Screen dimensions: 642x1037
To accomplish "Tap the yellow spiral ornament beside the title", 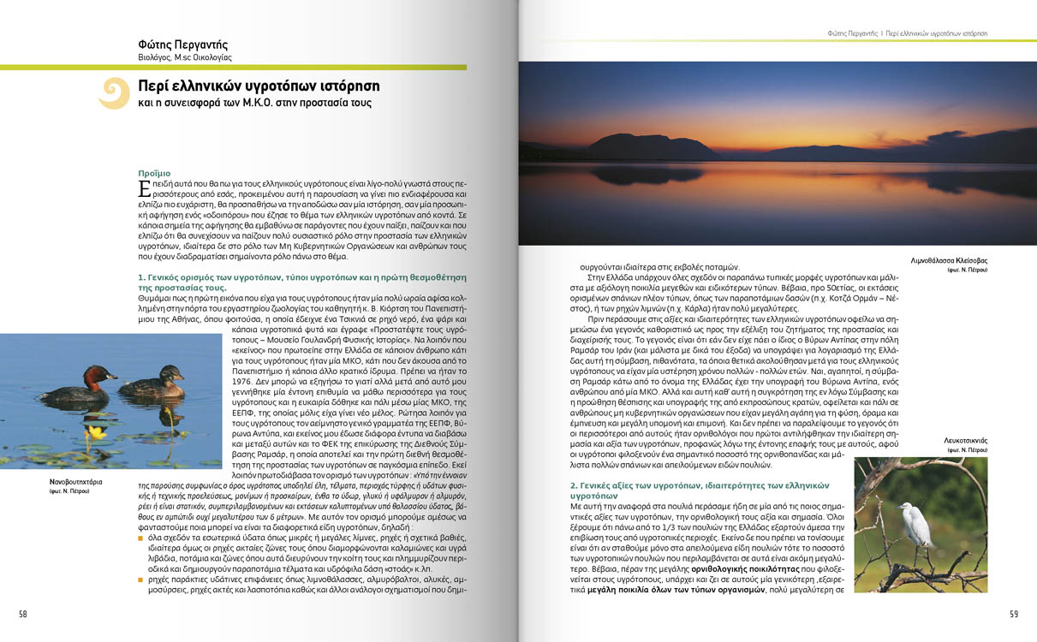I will pos(113,93).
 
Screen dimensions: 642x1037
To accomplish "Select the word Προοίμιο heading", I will pos(154,173).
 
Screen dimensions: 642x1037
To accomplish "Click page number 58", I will pos(23,614).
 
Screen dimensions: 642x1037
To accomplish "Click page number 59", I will pos(1013,614).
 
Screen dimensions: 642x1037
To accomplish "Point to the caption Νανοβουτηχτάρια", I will pos(76,482).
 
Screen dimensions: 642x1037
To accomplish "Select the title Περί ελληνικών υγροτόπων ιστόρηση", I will pos(259,86).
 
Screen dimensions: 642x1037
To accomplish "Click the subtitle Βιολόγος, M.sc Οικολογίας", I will pos(185,58).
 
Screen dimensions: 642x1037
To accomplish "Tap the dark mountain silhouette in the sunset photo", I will pos(651,146).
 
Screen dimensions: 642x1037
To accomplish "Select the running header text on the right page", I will pos(908,33).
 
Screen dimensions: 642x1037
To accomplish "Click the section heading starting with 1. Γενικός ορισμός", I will pos(301,282).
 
